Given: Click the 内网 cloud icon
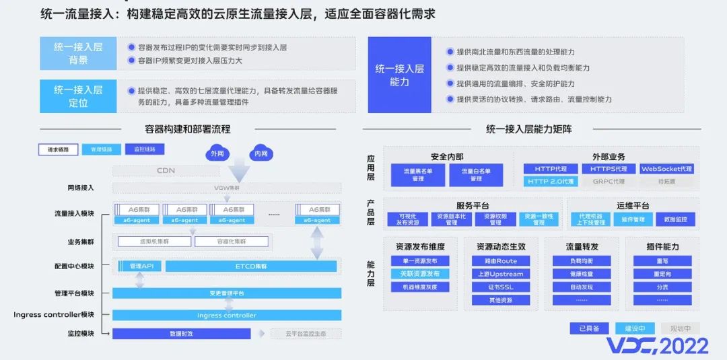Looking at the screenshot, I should [260, 153].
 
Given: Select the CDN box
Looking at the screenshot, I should [166, 170].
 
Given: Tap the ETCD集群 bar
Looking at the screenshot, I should [250, 266].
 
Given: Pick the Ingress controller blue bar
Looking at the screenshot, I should [226, 315].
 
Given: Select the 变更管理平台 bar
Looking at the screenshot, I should [226, 293].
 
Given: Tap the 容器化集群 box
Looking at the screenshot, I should [232, 242].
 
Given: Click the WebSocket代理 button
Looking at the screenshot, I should [666, 169].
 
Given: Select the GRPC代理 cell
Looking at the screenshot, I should [608, 182].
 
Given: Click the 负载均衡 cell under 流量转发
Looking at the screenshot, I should [581, 261].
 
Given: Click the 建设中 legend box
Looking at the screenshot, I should [635, 328].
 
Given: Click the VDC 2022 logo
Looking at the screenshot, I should [657, 346].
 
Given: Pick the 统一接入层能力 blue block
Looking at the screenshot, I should [399, 75].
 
